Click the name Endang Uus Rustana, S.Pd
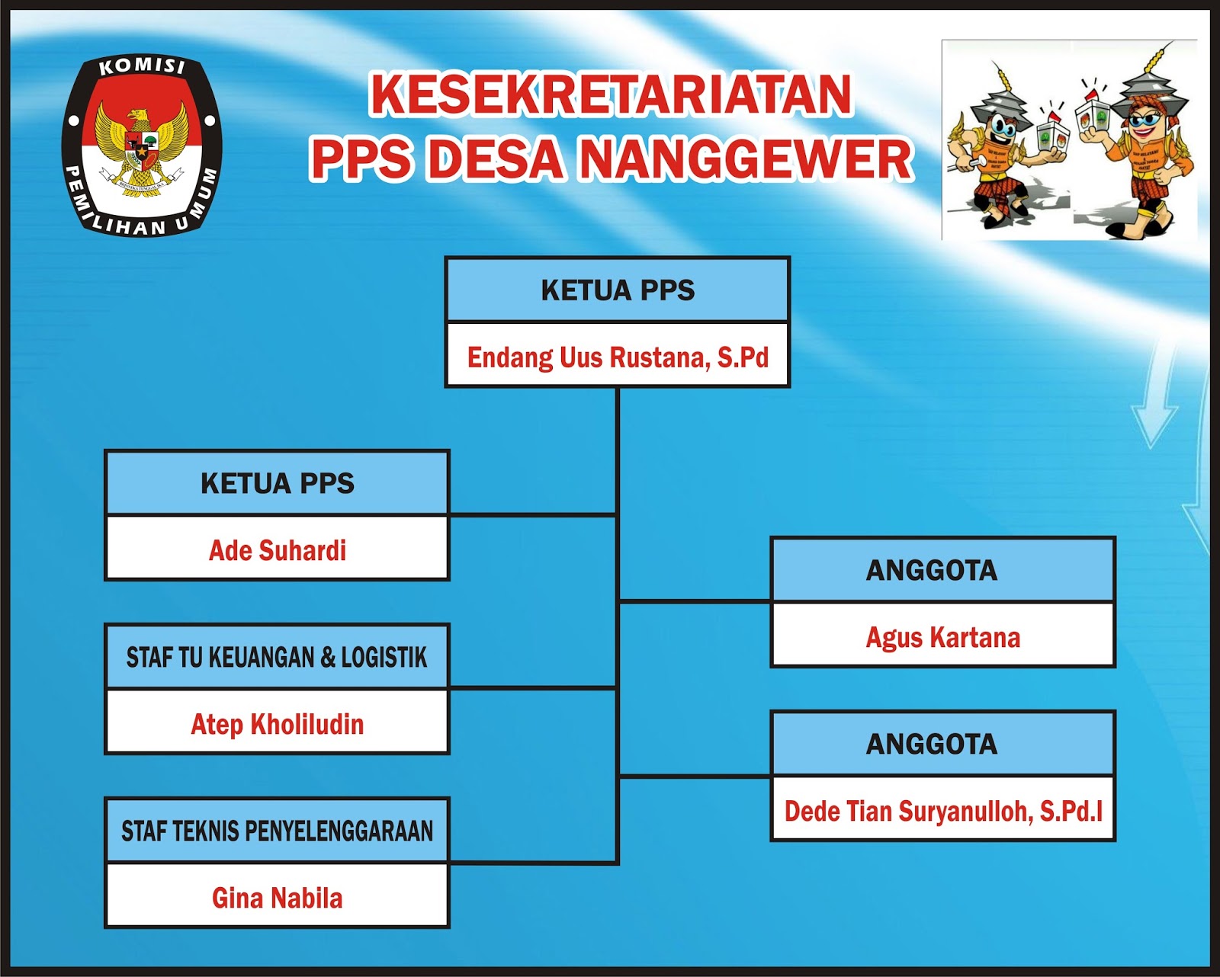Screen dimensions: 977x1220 pyautogui.click(x=618, y=357)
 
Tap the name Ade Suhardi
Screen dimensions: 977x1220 pyautogui.click(x=278, y=549)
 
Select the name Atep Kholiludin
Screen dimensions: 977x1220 pyautogui.click(x=278, y=723)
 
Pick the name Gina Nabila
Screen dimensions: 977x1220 pyautogui.click(x=278, y=897)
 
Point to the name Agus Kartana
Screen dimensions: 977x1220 pyautogui.click(x=943, y=636)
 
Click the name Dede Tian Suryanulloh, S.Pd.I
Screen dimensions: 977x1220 pyautogui.click(x=943, y=810)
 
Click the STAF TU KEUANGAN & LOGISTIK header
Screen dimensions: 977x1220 pyautogui.click(x=277, y=657)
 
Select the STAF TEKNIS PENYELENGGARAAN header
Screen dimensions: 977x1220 pyautogui.click(x=277, y=831)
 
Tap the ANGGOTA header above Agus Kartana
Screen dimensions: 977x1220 pyautogui.click(x=932, y=570)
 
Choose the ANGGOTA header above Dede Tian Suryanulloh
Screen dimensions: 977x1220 pyautogui.click(x=932, y=744)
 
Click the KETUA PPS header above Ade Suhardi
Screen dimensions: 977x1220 pyautogui.click(x=278, y=483)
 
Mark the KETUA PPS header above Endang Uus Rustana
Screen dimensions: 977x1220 pyautogui.click(x=618, y=290)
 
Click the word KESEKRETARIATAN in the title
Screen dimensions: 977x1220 pyautogui.click(x=611, y=94)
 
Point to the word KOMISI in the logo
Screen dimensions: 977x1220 pyautogui.click(x=143, y=67)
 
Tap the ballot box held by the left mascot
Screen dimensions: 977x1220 pyautogui.click(x=1052, y=137)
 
